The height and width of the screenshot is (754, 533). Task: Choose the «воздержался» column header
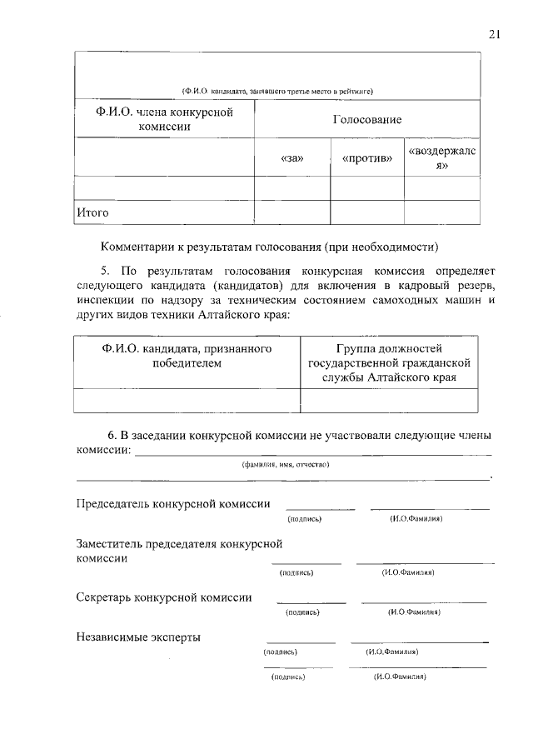(441, 157)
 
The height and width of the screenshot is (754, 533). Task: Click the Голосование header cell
(366, 120)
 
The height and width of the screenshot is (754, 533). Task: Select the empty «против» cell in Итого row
(366, 212)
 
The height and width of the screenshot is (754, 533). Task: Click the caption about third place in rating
(276, 91)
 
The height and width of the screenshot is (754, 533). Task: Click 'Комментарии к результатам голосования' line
(268, 247)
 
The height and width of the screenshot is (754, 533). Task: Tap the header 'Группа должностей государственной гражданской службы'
(389, 362)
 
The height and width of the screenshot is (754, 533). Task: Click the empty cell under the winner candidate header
(186, 401)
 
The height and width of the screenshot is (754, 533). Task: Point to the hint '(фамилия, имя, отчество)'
(286, 465)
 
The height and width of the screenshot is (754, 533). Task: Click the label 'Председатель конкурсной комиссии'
(173, 503)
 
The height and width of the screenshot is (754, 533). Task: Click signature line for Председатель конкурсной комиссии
(320, 507)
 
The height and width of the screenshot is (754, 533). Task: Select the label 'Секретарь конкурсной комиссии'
(164, 597)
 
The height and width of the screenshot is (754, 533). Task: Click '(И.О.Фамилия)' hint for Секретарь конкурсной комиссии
(414, 612)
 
